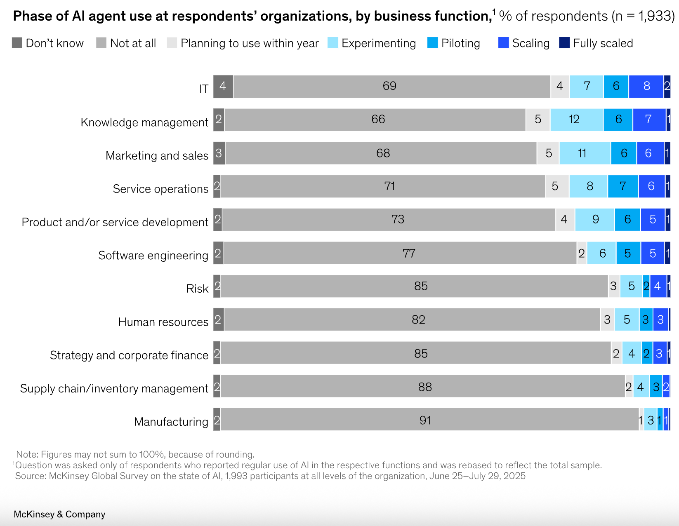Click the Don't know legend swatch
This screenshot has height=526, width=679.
click(17, 43)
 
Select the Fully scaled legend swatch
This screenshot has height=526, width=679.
click(564, 43)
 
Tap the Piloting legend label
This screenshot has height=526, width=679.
click(460, 43)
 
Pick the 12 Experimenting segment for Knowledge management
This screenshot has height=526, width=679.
click(576, 120)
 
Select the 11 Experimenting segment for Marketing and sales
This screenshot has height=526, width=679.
click(585, 153)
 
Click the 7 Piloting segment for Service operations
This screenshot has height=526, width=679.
click(623, 186)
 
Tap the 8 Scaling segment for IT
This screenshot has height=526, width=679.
click(646, 87)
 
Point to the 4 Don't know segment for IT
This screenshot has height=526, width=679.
click(223, 87)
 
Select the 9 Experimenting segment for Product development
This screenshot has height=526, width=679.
click(594, 220)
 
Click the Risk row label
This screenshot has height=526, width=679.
click(197, 289)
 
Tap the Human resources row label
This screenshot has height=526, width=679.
click(163, 322)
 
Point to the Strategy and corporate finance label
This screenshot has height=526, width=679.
click(129, 355)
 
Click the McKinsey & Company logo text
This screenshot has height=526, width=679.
click(59, 514)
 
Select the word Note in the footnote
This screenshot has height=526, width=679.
click(26, 454)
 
